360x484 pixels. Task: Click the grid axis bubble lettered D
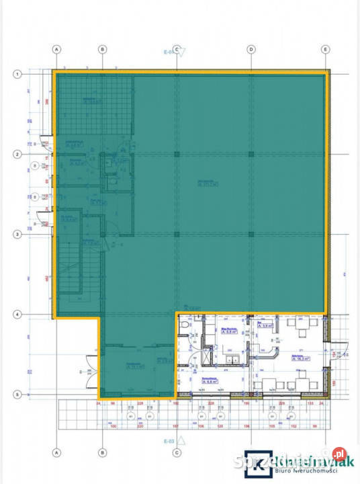[251, 49]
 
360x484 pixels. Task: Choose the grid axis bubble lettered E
[325, 49]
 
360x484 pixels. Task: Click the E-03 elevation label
[168, 442]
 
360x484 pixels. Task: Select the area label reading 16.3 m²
[300, 359]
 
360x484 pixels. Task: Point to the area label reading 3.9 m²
[266, 325]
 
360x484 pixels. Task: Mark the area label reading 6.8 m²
[230, 331]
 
